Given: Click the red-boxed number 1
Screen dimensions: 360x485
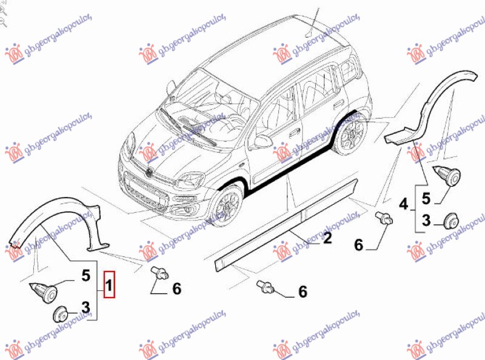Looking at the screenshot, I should click(109, 284).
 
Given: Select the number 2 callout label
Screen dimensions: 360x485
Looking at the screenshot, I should click(327, 239).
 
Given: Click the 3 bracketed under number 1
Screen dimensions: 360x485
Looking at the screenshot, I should click(85, 308).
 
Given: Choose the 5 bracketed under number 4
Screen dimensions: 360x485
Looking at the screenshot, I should click(426, 198).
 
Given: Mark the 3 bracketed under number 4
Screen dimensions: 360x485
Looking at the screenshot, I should click(426, 220).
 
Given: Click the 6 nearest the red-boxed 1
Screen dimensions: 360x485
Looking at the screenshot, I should click(176, 289).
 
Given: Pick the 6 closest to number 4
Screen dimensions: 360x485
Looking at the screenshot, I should click(358, 245).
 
